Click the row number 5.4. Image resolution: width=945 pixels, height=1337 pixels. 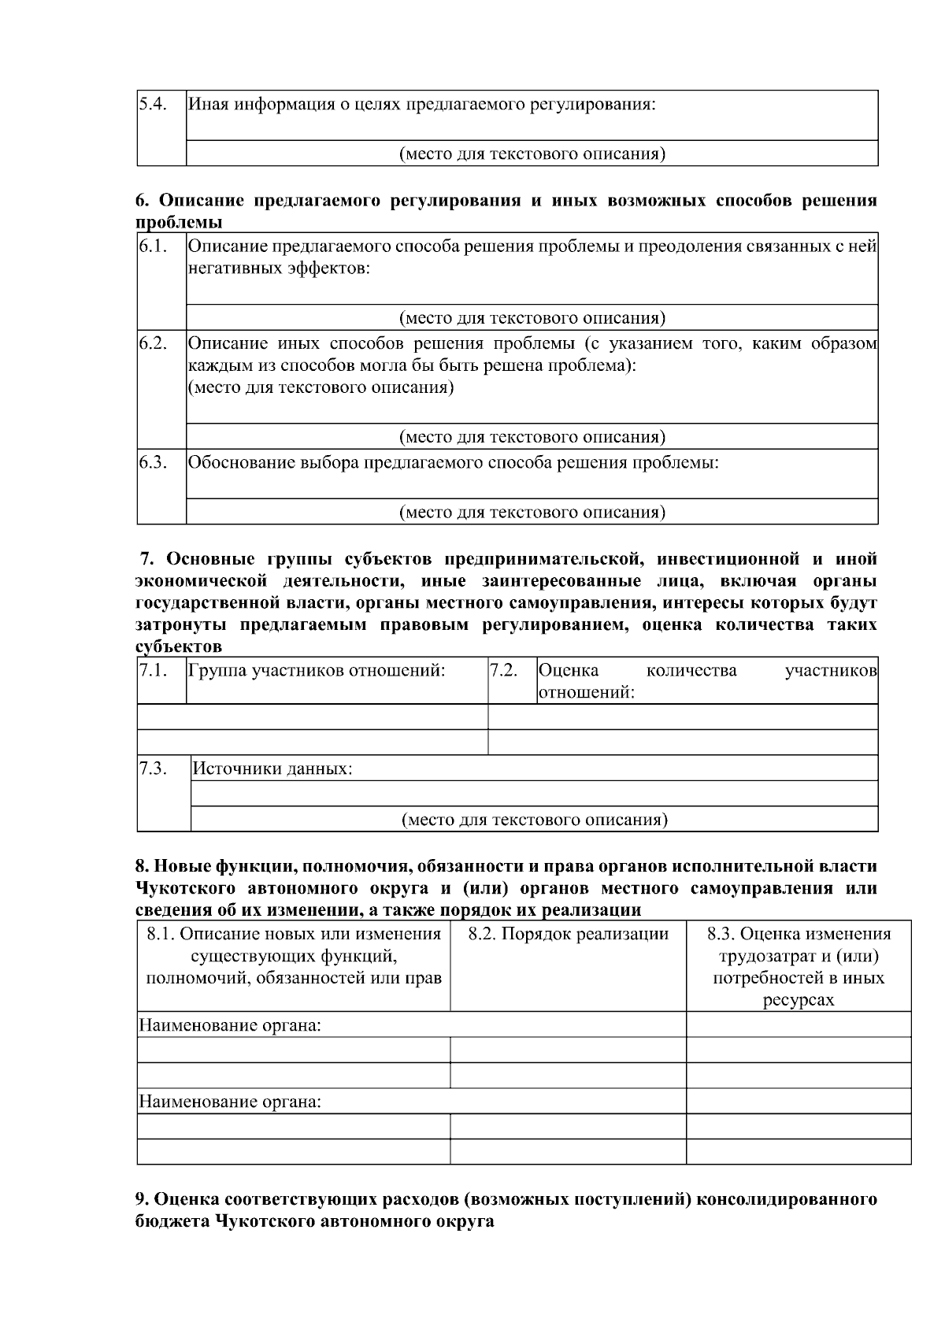[x=152, y=104]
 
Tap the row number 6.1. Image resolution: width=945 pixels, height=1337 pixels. [x=152, y=246]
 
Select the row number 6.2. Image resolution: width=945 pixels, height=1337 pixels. [x=153, y=343]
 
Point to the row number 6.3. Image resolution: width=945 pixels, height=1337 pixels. [x=153, y=462]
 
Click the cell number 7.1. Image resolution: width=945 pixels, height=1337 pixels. [x=153, y=671]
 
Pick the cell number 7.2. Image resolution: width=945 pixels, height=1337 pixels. [x=503, y=671]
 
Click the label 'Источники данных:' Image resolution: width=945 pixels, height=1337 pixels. [x=272, y=768]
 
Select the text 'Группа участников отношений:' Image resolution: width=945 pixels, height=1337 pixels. [x=317, y=671]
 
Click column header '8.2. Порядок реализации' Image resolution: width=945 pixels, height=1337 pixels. [x=568, y=934]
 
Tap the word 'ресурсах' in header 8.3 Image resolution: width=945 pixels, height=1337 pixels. [x=799, y=1000]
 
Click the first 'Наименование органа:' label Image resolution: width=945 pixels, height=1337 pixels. [x=230, y=1025]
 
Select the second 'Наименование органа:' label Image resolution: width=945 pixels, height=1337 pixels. [x=230, y=1101]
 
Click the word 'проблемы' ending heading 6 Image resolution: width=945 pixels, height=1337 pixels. [x=178, y=222]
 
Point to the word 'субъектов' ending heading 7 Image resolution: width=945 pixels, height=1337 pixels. [x=179, y=647]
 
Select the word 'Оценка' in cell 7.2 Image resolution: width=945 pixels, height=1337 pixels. [x=568, y=671]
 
